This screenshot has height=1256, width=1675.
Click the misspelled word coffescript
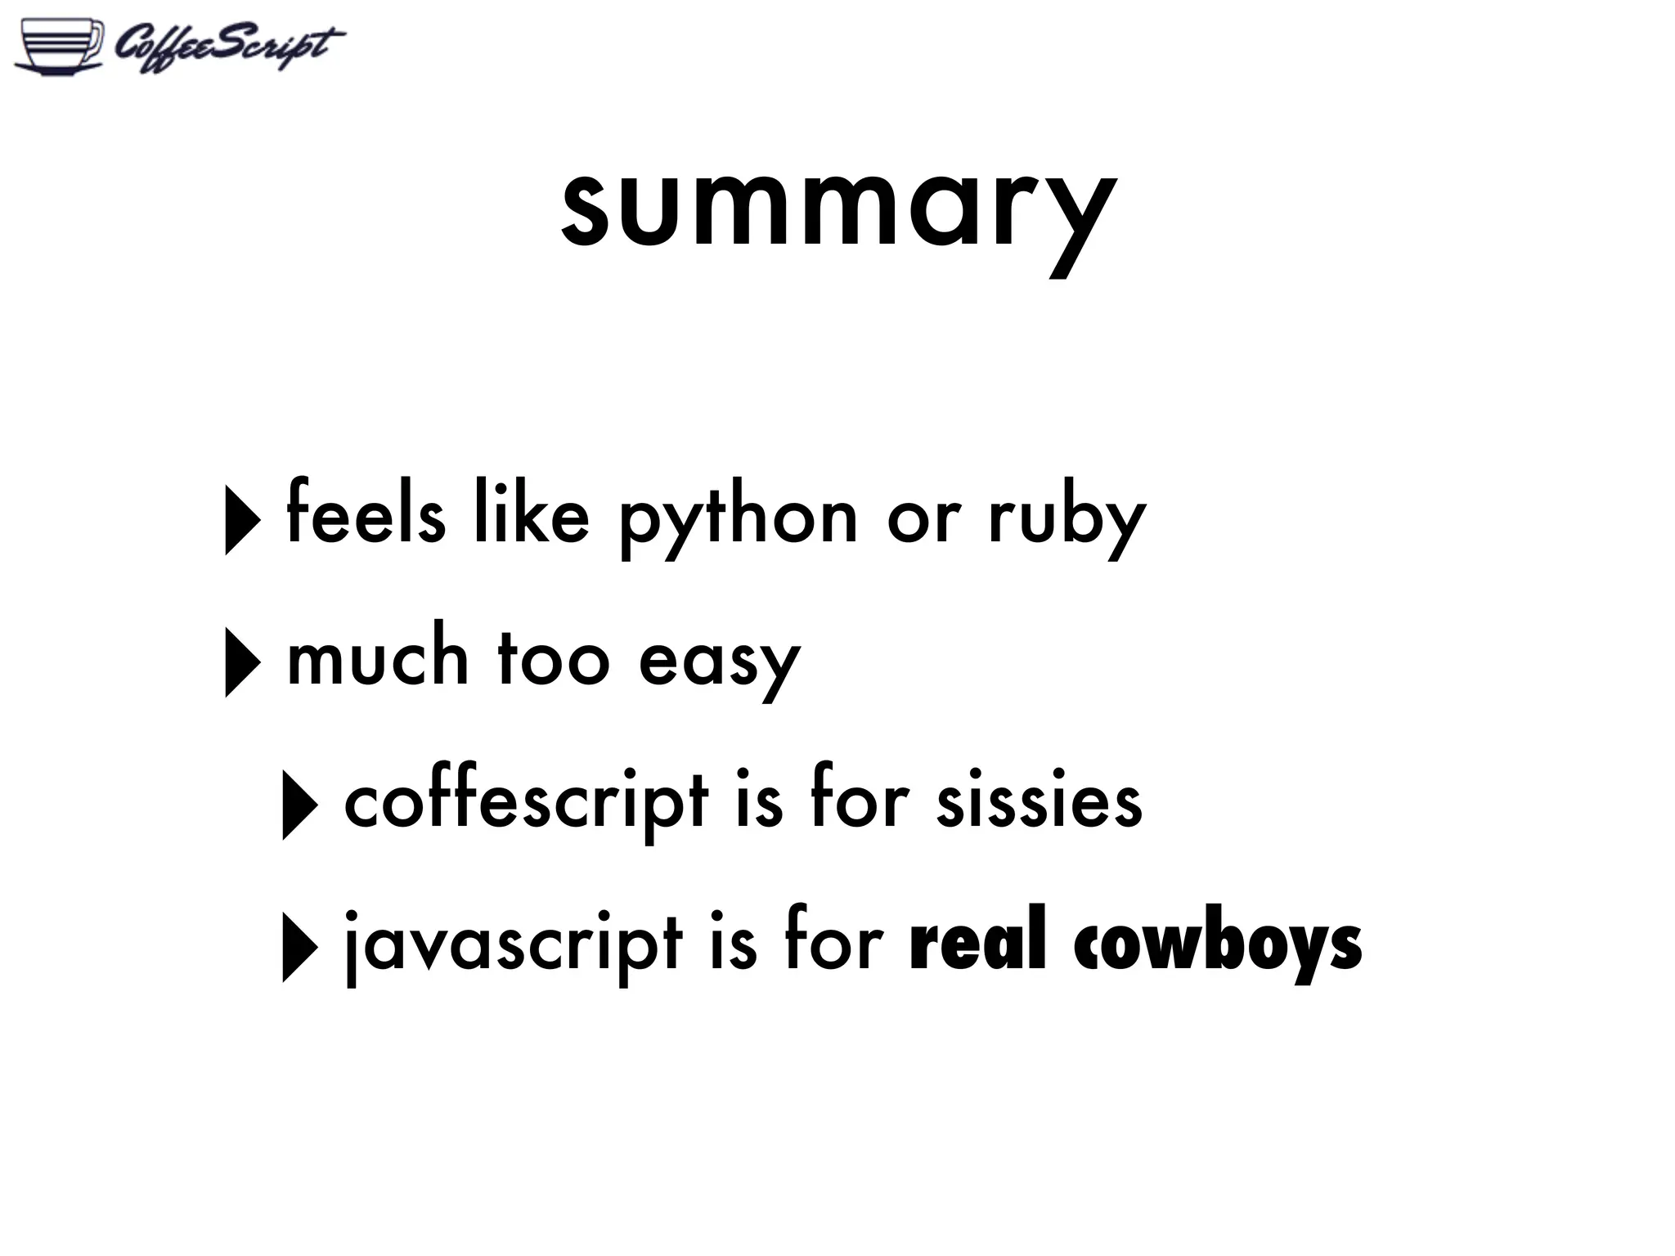[526, 801]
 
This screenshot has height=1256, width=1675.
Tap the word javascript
[513, 944]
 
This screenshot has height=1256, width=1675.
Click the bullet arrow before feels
[242, 519]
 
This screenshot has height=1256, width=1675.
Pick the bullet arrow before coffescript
[299, 805]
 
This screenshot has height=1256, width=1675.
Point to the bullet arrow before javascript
[299, 947]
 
